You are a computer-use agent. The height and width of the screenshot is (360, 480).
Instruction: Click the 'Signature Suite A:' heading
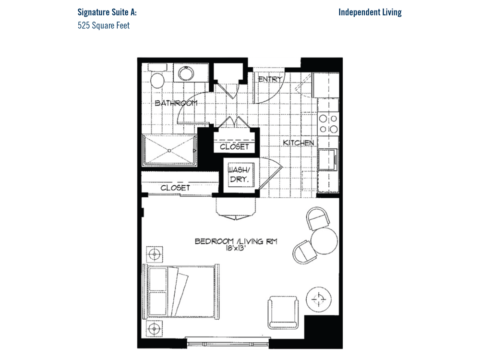(x=107, y=12)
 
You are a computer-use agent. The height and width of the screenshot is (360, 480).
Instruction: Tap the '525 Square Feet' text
(x=104, y=25)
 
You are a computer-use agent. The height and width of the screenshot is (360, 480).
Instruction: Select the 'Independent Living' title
(x=370, y=12)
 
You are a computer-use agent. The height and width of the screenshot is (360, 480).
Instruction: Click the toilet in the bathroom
(x=157, y=76)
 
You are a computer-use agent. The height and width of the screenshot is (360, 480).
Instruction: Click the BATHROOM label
(x=176, y=103)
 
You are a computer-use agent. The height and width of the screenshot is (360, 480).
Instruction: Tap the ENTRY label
(x=270, y=79)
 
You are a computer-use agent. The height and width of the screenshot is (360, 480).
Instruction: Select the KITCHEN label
(x=299, y=143)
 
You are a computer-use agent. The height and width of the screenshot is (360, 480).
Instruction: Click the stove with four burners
(x=328, y=124)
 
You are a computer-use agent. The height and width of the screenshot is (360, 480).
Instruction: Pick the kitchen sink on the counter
(x=328, y=159)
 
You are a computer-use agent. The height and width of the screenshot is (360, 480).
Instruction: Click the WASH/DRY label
(x=238, y=175)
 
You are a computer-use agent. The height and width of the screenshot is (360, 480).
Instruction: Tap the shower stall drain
(x=169, y=151)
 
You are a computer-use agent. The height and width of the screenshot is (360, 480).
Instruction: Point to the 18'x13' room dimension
(x=236, y=248)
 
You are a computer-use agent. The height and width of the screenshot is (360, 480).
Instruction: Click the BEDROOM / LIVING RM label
(x=236, y=241)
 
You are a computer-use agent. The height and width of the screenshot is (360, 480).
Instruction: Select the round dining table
(x=324, y=241)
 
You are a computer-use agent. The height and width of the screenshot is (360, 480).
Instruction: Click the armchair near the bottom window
(x=283, y=312)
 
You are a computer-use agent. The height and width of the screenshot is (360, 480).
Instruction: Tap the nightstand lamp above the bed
(x=155, y=254)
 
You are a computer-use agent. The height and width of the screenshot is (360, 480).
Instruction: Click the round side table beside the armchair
(x=319, y=299)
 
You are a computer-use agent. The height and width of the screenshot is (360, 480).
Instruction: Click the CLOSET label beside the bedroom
(x=175, y=188)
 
